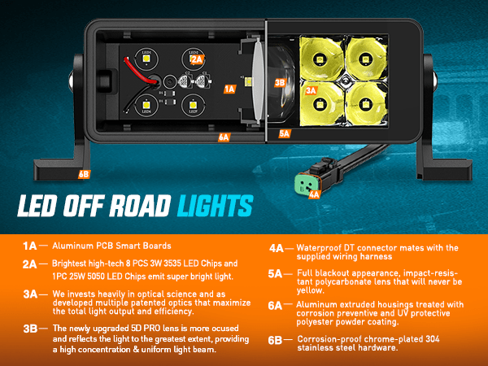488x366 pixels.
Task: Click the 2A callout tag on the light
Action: (195, 59)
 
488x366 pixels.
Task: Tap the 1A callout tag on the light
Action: (229, 88)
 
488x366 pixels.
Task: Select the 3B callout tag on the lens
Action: (280, 82)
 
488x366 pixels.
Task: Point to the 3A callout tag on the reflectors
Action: (310, 91)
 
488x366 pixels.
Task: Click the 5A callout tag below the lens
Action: (284, 133)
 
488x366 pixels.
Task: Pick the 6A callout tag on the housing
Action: (223, 137)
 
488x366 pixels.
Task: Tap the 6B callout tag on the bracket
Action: (84, 173)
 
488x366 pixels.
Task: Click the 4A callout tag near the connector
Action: (314, 194)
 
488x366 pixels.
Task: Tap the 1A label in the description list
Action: (30, 245)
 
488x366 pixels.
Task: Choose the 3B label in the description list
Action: (30, 328)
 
